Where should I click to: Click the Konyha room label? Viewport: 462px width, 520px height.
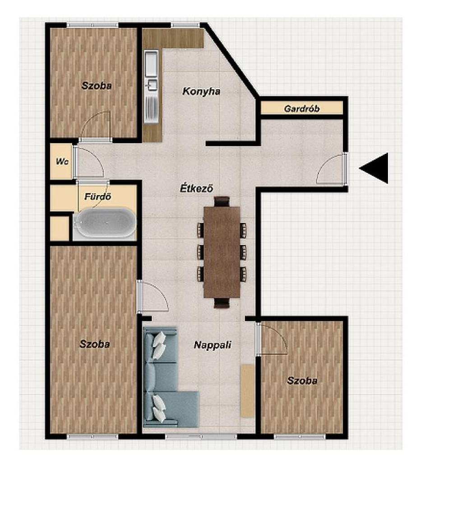pyautogui.click(x=201, y=91)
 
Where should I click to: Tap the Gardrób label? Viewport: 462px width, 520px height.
pyautogui.click(x=301, y=108)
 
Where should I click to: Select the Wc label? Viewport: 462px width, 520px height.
pyautogui.click(x=62, y=162)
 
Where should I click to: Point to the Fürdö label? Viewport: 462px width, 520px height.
pyautogui.click(x=97, y=196)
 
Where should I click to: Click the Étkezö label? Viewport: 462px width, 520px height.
pyautogui.click(x=197, y=188)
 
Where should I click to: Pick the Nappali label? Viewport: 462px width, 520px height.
pyautogui.click(x=213, y=345)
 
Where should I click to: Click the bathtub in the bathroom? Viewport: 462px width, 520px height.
pyautogui.click(x=104, y=223)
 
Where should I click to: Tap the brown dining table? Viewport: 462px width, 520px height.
pyautogui.click(x=222, y=252)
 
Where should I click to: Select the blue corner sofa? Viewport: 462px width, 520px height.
pyautogui.click(x=166, y=377)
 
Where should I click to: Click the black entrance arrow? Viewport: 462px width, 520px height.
pyautogui.click(x=374, y=168)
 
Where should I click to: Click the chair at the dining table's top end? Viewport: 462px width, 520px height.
pyautogui.click(x=222, y=201)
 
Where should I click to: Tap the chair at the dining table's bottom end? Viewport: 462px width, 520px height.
pyautogui.click(x=222, y=303)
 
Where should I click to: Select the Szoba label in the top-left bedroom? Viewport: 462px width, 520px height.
pyautogui.click(x=97, y=86)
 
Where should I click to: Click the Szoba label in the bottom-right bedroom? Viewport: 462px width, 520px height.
pyautogui.click(x=302, y=381)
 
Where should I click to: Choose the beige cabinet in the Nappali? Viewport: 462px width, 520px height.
pyautogui.click(x=247, y=390)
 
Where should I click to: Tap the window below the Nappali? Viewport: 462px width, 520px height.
pyautogui.click(x=201, y=437)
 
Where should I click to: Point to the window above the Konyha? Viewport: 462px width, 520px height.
pyautogui.click(x=185, y=25)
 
